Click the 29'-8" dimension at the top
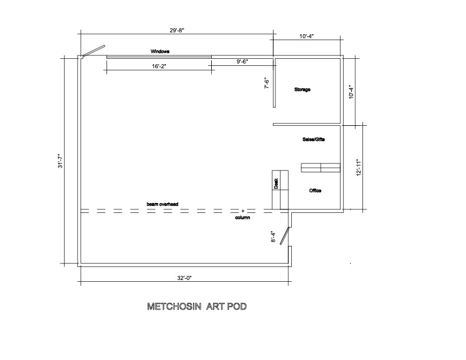pos(177,31)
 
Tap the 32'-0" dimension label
pos(185,278)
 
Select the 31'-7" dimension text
pos(61,161)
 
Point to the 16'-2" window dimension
pos(159,66)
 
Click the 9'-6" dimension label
pos(242,62)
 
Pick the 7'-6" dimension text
pos(267,83)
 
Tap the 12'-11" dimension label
pos(358,168)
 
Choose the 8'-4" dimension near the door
pos(274,237)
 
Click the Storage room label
pos(302,89)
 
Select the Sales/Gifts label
pos(314,139)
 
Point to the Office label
pos(315,191)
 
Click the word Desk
pos(276,184)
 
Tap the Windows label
pos(160,51)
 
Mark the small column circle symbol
pos(243,211)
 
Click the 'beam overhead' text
pos(162,204)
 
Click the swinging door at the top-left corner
pos(94,51)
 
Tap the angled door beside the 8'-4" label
pos(285,236)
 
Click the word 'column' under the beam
pos(242,218)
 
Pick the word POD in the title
pos(237,306)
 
